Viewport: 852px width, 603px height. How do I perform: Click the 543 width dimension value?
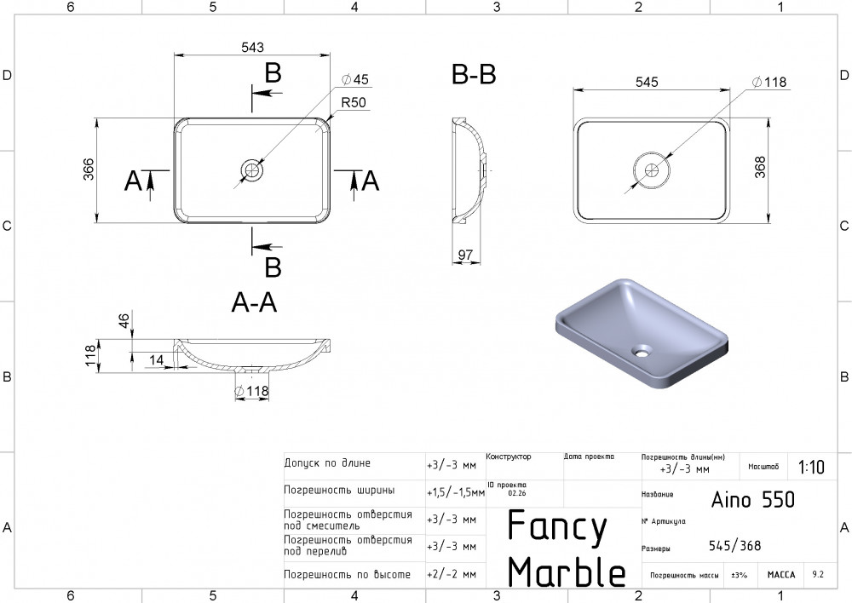point(252,46)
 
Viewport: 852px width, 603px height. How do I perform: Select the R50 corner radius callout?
point(353,102)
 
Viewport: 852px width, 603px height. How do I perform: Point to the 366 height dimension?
point(88,170)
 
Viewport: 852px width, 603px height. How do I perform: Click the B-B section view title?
point(474,75)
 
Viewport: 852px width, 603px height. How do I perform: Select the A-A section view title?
point(254,303)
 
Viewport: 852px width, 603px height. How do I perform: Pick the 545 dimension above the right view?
point(647,82)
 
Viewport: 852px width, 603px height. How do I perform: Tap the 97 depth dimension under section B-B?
point(465,255)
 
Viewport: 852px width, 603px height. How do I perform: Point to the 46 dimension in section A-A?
point(124,321)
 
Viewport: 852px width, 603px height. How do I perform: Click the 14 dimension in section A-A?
point(156,360)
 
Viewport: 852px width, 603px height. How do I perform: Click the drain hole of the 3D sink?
point(641,348)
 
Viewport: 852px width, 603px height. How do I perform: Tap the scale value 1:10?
point(811,467)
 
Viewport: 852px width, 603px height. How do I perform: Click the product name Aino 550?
point(752,499)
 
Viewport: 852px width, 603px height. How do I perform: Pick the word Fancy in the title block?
point(557,527)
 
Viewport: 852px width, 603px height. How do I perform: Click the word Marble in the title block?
point(567,571)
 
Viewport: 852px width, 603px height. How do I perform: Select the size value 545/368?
point(734,546)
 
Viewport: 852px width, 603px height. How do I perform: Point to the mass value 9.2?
point(818,575)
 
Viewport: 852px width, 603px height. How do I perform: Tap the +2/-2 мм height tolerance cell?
point(451,575)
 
